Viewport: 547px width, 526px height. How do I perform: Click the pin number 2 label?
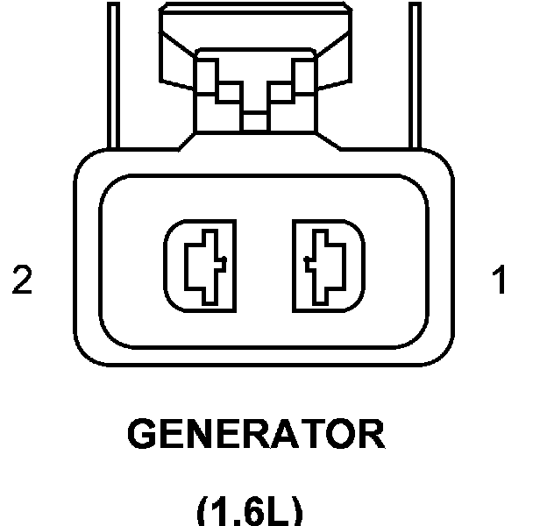(22, 281)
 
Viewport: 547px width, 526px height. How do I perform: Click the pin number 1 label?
(499, 281)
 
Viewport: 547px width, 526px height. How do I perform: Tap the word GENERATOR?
(256, 435)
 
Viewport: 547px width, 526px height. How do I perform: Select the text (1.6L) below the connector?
(249, 508)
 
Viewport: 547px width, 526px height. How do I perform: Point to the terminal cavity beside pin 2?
(201, 266)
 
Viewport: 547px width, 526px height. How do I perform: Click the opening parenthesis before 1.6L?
(203, 510)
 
